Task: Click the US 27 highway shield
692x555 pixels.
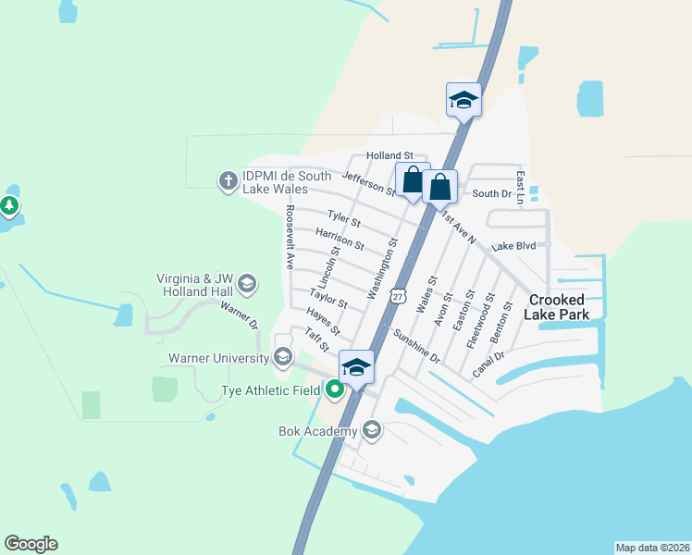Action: tap(397, 294)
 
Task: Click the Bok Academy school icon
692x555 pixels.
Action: tap(372, 430)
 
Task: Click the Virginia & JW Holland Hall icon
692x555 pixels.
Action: tap(246, 282)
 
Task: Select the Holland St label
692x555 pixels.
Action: tap(389, 155)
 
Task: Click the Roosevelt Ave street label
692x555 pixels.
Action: tap(290, 237)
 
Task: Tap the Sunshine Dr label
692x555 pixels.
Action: tap(416, 343)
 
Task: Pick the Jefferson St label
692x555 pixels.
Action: tap(368, 184)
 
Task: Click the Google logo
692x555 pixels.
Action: tap(31, 544)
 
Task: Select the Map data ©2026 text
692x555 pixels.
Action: tap(652, 548)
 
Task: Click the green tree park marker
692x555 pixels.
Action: tap(9, 205)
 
